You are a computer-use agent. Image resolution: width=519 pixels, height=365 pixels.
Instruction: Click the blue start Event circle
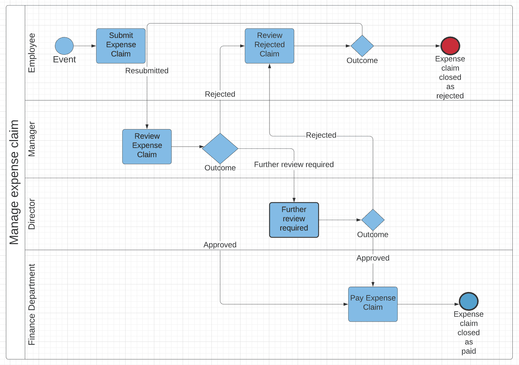coord(64,46)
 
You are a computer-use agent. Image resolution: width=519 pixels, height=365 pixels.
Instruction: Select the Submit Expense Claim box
coord(121,46)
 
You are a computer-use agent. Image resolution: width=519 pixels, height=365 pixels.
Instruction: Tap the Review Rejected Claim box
coord(269,46)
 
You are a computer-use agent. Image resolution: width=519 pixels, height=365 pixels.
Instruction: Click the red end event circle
coord(450,46)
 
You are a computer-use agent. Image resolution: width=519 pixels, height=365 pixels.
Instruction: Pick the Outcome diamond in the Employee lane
coord(362,46)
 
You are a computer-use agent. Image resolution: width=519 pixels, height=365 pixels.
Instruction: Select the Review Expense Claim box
coord(147,146)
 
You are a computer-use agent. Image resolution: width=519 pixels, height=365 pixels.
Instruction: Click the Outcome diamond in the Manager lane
coord(220,148)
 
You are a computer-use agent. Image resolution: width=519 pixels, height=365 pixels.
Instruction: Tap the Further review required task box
coord(294,220)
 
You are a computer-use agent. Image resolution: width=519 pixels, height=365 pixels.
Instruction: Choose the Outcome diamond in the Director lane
coord(373,220)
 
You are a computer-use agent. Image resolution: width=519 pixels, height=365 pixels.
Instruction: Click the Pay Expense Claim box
coord(373,304)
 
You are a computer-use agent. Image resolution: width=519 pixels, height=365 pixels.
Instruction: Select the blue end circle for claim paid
coord(468,301)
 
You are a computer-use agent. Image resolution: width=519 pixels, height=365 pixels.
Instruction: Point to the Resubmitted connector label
coord(147,71)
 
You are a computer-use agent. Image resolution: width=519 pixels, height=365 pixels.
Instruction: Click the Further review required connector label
coord(294,164)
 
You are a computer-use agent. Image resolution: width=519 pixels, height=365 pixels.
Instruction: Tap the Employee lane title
coord(32,53)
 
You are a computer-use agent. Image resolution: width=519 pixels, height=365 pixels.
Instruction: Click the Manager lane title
coord(32,139)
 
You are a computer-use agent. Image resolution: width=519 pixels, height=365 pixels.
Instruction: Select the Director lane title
coord(32,214)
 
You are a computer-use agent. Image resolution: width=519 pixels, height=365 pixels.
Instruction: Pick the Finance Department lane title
coord(32,304)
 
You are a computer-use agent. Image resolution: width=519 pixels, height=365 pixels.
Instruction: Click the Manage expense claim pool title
coord(14,182)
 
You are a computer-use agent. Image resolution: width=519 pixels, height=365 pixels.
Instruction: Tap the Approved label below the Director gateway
coord(373,258)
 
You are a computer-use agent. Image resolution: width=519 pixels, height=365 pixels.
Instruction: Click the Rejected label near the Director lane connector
coord(321,135)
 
